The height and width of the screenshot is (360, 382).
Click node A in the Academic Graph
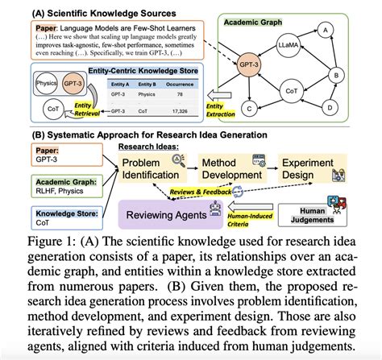pos(326,31)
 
